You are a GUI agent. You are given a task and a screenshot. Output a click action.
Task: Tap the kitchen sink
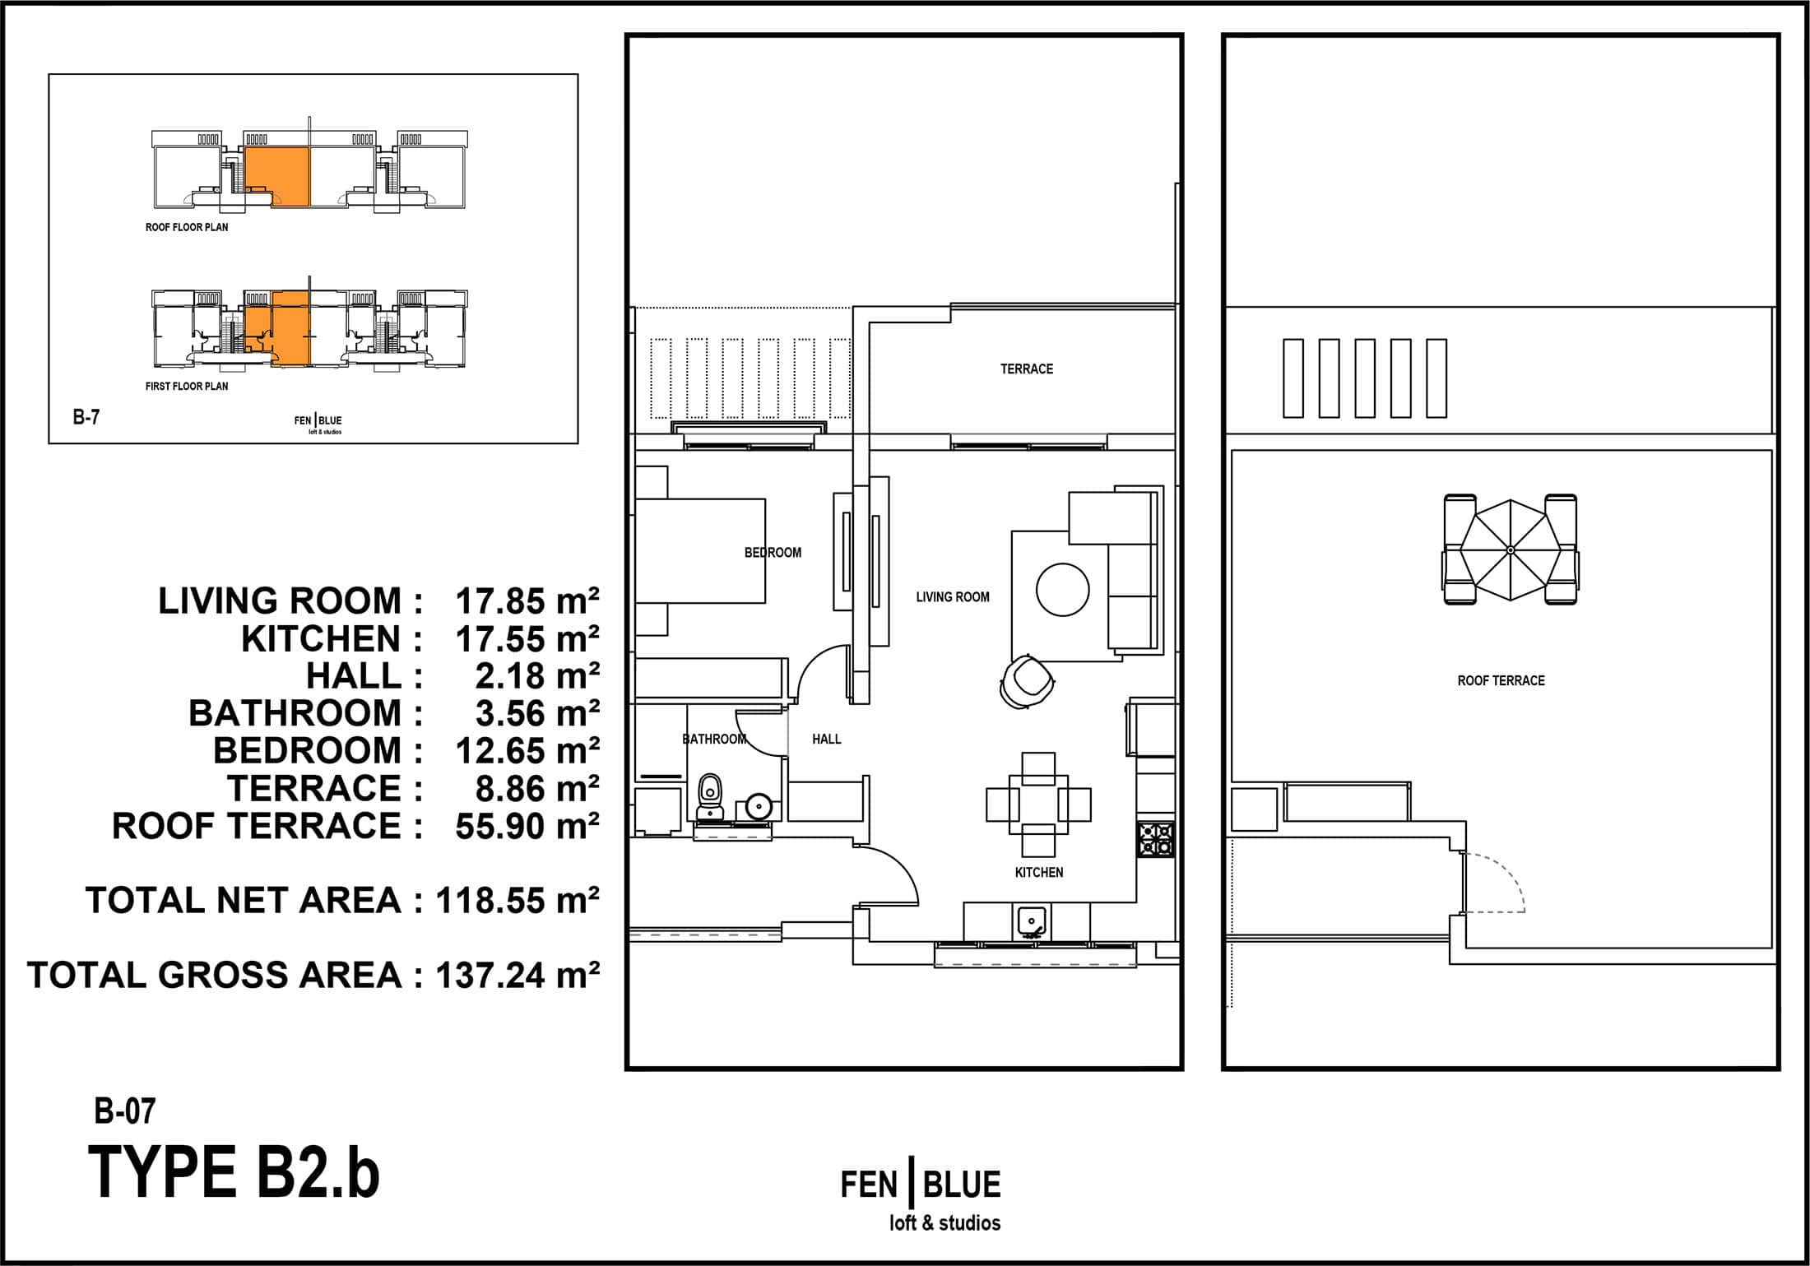tap(1032, 921)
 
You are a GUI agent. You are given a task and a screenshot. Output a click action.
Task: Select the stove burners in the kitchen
tap(1156, 840)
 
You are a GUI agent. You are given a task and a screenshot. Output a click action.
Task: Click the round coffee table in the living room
tap(1063, 589)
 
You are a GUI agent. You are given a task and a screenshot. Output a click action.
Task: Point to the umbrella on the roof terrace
tap(1510, 549)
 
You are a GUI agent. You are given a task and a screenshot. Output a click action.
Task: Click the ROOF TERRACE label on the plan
tap(1501, 680)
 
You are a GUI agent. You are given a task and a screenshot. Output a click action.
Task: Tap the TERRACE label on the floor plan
tap(1027, 369)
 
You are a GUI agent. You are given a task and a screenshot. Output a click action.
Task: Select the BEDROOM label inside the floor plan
tap(773, 552)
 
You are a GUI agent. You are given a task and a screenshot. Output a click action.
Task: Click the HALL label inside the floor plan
tap(827, 739)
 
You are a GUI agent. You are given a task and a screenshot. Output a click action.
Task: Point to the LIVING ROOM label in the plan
tap(953, 596)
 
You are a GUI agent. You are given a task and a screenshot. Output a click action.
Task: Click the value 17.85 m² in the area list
tap(527, 601)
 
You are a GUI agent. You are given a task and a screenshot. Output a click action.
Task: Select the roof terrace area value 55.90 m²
tap(527, 826)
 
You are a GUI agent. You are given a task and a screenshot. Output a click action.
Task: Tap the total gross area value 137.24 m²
tap(517, 975)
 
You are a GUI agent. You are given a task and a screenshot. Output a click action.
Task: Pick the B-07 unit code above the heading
tap(125, 1111)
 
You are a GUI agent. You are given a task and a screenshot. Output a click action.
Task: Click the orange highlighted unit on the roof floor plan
tap(276, 177)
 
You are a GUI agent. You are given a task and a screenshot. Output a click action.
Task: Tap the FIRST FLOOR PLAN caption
tap(187, 386)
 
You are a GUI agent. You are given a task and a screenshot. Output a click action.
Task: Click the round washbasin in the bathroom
tap(759, 806)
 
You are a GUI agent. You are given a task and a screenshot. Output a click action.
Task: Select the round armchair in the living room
tap(1027, 680)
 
